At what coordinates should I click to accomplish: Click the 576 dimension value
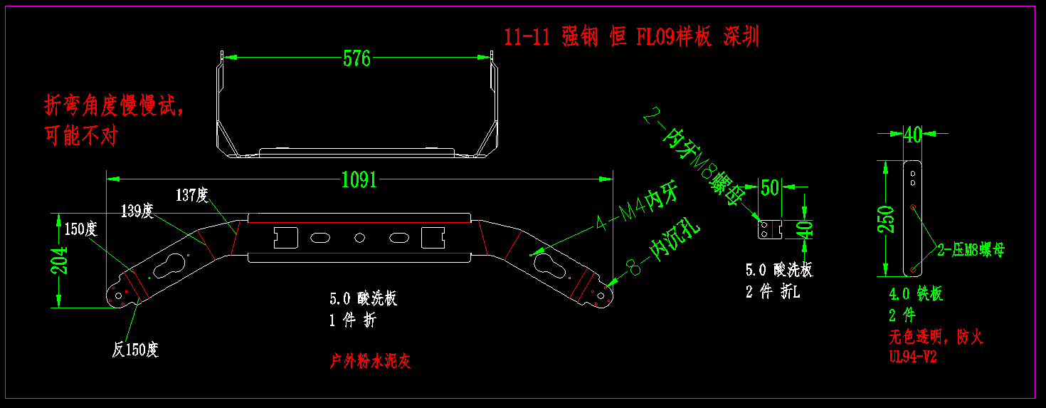point(357,58)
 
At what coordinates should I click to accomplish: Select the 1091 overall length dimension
point(359,179)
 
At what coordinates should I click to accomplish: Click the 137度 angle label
point(191,195)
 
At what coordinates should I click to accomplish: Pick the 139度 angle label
point(137,211)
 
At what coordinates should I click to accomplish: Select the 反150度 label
point(135,350)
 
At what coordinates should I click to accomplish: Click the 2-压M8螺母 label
point(971,250)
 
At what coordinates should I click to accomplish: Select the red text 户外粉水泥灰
point(371,362)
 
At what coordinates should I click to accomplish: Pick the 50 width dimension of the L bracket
point(770,187)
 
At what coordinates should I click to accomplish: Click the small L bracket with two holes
point(768,229)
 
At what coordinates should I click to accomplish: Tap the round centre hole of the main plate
point(360,237)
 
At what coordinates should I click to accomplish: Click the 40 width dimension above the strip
point(912,134)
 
